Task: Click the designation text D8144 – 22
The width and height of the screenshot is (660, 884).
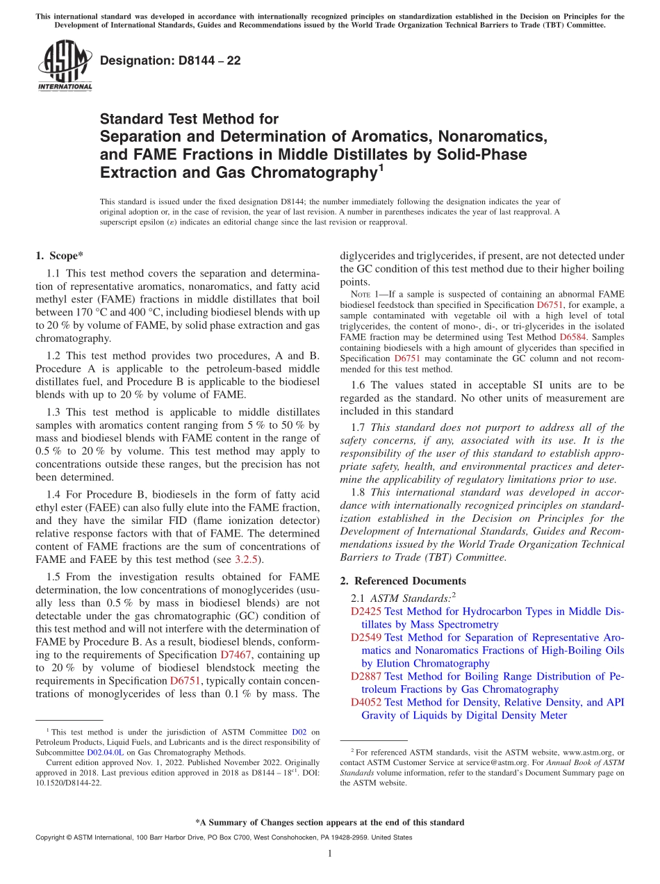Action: point(170,60)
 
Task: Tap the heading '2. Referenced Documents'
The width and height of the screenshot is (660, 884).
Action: point(403,581)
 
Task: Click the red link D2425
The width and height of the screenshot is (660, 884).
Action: point(366,612)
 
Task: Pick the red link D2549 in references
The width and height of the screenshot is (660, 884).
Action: point(366,637)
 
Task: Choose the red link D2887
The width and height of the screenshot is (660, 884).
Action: point(366,676)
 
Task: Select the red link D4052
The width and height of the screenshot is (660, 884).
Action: point(366,703)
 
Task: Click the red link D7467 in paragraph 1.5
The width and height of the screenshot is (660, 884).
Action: point(234,655)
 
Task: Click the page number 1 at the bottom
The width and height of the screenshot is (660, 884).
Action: point(330,854)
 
